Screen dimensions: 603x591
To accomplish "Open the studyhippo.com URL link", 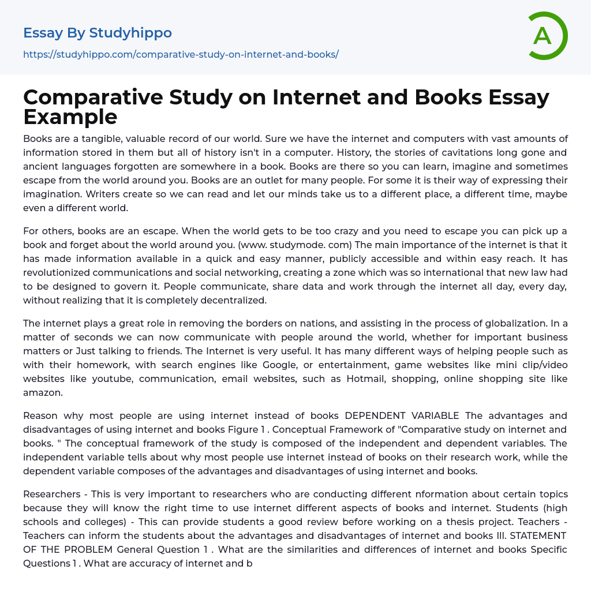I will click(x=181, y=54).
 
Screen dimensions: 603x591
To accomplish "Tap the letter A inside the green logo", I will click(x=543, y=36).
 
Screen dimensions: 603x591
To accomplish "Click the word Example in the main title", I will click(x=70, y=117).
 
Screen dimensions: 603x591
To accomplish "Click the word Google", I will click(x=280, y=365).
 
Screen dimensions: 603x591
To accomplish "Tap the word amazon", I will click(x=43, y=392).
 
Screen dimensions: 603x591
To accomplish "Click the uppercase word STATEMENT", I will click(x=541, y=535).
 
